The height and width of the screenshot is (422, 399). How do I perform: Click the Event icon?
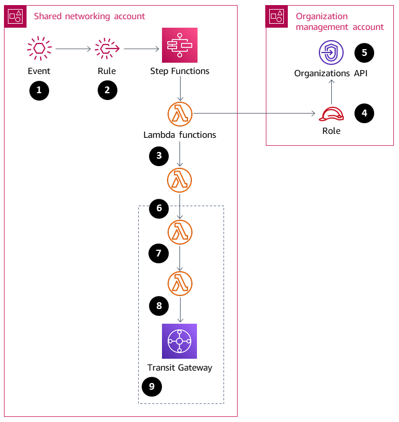(x=39, y=49)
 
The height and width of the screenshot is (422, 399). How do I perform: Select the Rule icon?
(x=107, y=49)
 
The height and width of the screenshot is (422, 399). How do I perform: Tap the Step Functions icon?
(x=179, y=45)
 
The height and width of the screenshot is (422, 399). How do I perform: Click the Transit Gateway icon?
(x=179, y=341)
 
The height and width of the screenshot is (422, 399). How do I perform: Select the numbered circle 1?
(x=39, y=90)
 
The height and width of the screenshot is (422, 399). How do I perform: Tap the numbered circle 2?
(x=107, y=90)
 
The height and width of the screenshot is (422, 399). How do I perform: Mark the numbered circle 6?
(x=159, y=208)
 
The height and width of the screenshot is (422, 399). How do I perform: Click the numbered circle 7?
(x=159, y=254)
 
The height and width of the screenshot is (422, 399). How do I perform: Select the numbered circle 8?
(x=159, y=306)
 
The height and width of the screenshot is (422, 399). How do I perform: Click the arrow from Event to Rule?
(x=73, y=50)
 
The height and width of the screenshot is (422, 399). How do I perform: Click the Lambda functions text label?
(x=179, y=135)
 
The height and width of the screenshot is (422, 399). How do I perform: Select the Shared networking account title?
(x=89, y=16)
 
